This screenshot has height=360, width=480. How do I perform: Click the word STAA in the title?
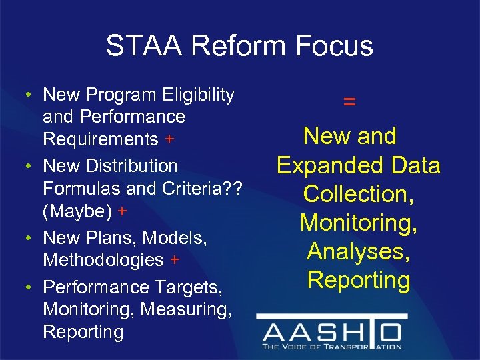point(143,45)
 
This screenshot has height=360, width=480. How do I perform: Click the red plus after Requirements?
point(170,139)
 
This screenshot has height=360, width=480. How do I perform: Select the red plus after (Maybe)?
point(122,211)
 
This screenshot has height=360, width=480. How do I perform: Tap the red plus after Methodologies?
point(174,259)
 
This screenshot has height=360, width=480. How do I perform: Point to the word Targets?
point(184,287)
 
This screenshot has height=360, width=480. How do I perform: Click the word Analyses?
point(359,251)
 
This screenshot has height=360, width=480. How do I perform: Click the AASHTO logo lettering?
point(331,332)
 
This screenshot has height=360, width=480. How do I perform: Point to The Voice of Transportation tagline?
point(331,347)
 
